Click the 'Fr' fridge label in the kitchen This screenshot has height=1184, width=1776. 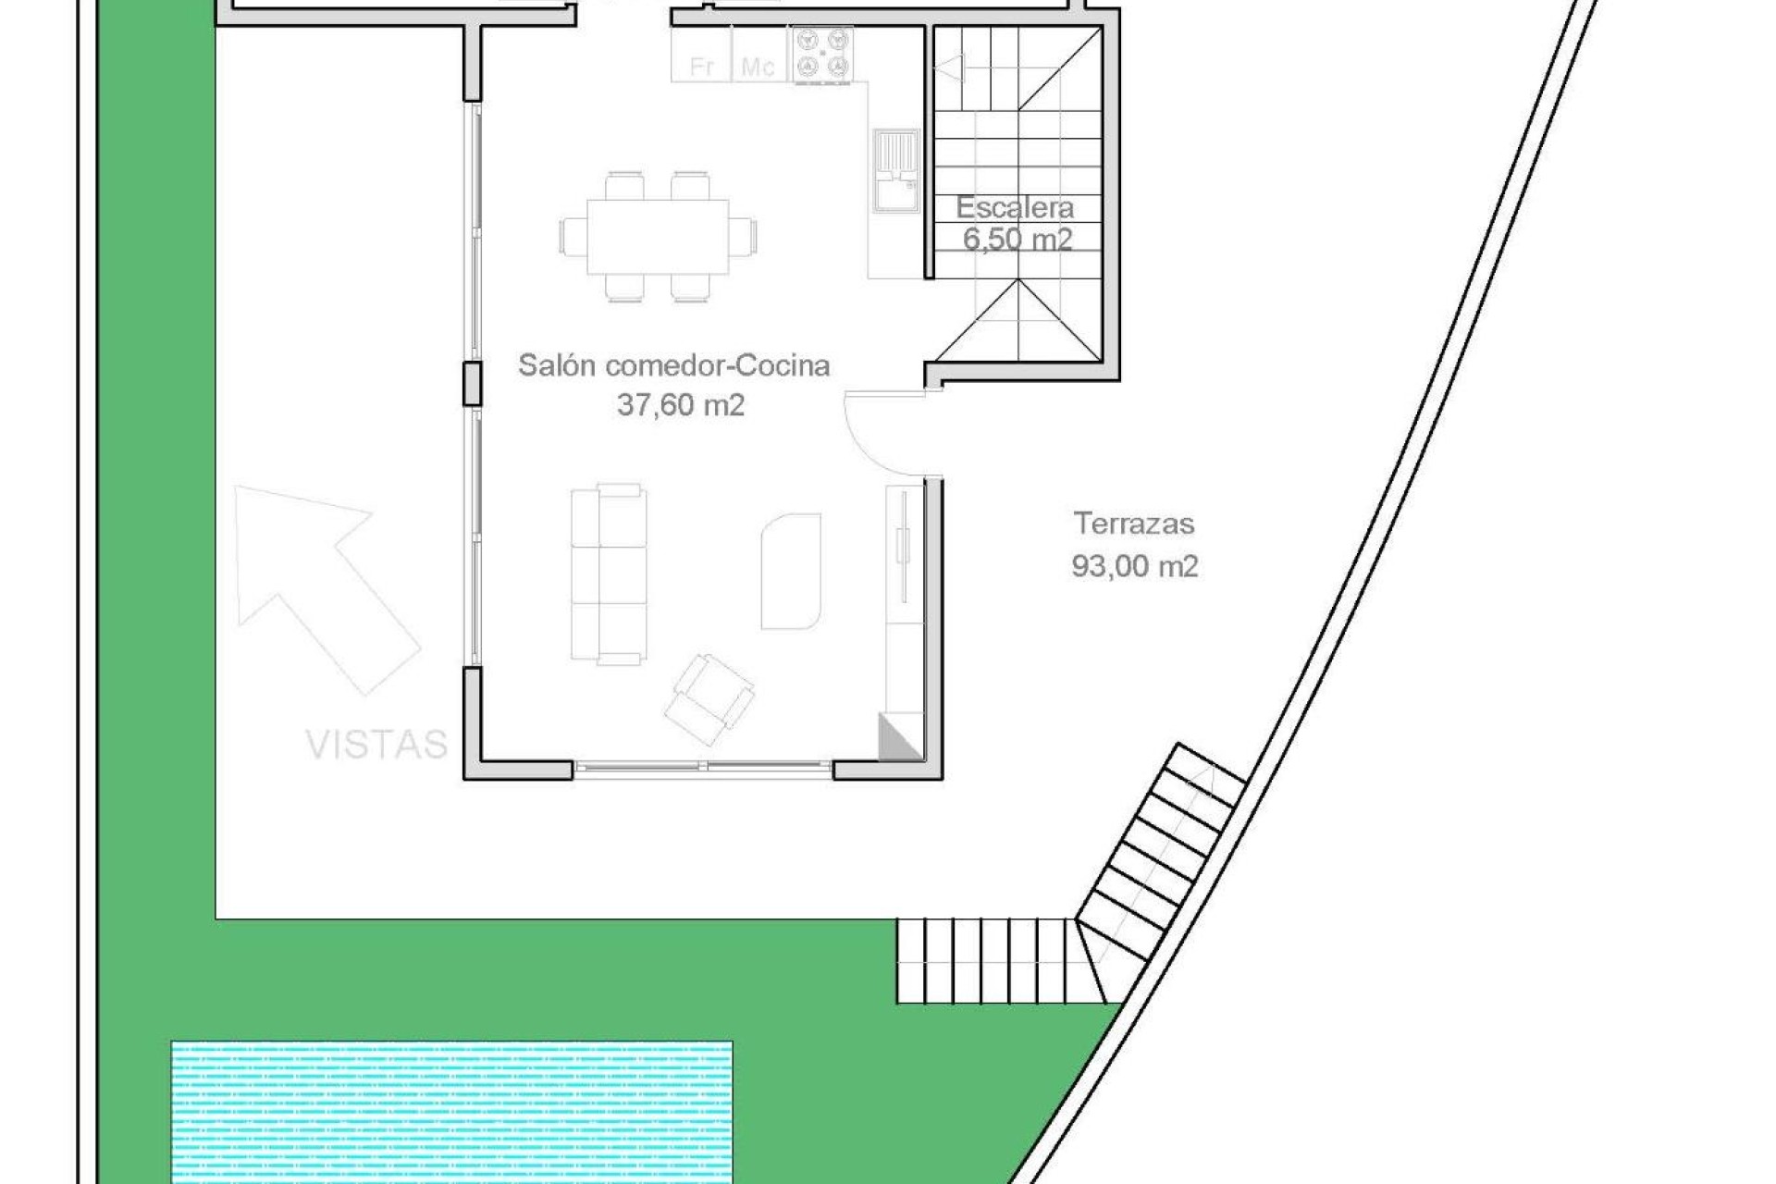(702, 67)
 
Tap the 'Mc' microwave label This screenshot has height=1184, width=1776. (758, 67)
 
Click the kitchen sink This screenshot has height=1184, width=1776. (895, 171)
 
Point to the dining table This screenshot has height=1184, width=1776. (658, 236)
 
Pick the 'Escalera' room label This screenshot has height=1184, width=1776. (1015, 207)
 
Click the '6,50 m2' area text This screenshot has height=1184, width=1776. (1017, 240)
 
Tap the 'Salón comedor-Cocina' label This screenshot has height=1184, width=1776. (673, 365)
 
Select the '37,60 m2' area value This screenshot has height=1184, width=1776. (681, 405)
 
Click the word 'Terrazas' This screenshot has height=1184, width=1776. (1134, 524)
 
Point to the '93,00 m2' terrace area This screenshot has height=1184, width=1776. (1135, 565)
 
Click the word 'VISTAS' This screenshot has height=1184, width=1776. (376, 745)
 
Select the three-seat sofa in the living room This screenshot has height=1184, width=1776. (608, 573)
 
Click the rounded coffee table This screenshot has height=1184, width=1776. (791, 572)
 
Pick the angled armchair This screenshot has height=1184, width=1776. (709, 699)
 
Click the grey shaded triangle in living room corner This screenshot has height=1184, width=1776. (894, 739)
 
